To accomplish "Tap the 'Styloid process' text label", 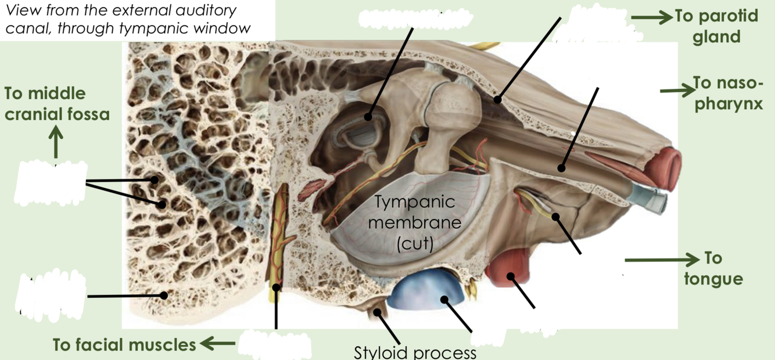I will (x=415, y=352).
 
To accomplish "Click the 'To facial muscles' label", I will (x=124, y=345).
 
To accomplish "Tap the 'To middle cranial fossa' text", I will (x=57, y=104).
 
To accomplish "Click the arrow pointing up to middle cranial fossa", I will (x=56, y=141).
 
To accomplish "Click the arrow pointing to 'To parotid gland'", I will (x=651, y=17).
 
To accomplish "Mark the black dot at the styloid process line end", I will (x=378, y=312).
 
